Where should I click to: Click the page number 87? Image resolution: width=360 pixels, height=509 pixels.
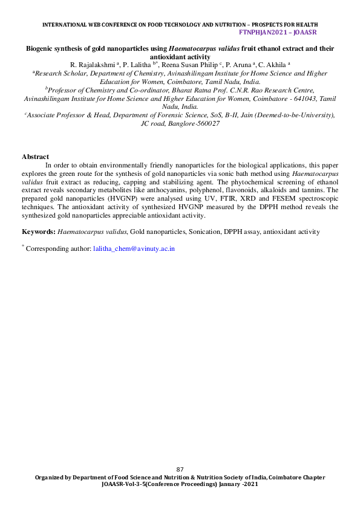[x=180, y=470]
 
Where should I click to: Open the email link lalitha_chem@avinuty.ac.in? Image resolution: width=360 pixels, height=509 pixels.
[x=134, y=248]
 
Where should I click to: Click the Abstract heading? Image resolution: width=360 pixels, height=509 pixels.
[x=35, y=157]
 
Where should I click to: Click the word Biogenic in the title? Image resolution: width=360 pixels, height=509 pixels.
[x=41, y=48]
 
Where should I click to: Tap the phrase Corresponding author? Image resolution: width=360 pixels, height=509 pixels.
[x=59, y=248]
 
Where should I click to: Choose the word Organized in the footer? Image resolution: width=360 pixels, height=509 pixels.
[x=50, y=478]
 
